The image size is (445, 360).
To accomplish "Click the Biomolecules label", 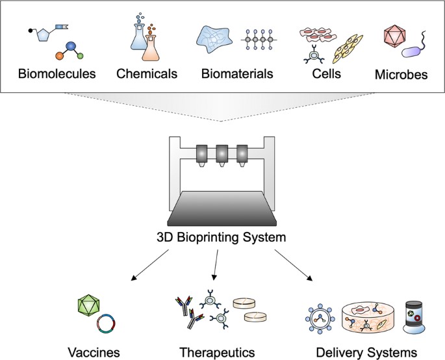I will [x=57, y=73].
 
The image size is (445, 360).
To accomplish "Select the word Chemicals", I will [x=147, y=73].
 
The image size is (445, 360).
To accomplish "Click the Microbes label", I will [x=401, y=75].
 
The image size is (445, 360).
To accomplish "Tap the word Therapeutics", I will [x=216, y=352].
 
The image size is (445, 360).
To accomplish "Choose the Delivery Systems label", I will [x=366, y=352].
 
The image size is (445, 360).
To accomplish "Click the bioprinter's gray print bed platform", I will [x=222, y=207].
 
